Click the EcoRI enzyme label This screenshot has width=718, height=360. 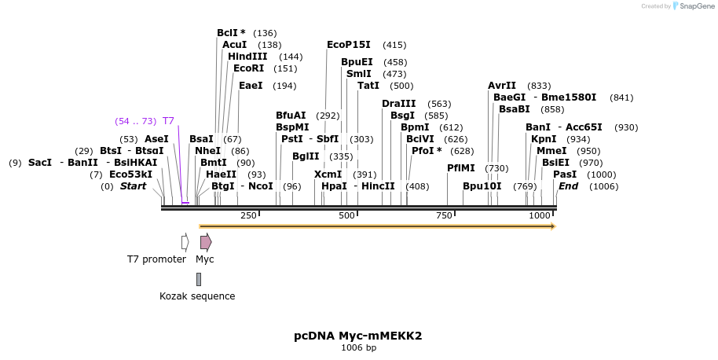tap(248, 68)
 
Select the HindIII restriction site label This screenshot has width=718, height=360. tap(247, 57)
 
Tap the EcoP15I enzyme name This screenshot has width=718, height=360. tap(350, 45)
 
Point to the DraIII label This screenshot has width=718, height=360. tap(399, 104)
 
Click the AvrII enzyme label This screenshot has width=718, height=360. tap(502, 86)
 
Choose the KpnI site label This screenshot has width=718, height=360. tap(544, 139)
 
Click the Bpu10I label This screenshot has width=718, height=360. tap(482, 186)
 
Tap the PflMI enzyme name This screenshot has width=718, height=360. tap(461, 168)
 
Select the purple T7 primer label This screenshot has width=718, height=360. tap(168, 121)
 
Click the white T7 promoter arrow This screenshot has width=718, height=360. tap(185, 242)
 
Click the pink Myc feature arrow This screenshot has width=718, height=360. tap(205, 242)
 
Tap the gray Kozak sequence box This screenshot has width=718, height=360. tap(199, 279)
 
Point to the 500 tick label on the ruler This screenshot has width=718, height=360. tap(346, 215)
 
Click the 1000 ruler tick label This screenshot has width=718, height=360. tap(540, 215)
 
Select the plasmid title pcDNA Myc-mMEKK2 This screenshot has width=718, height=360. tap(358, 336)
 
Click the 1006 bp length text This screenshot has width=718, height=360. tap(358, 347)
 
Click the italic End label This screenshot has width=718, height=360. tap(568, 186)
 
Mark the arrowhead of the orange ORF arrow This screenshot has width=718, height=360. tap(553, 226)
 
